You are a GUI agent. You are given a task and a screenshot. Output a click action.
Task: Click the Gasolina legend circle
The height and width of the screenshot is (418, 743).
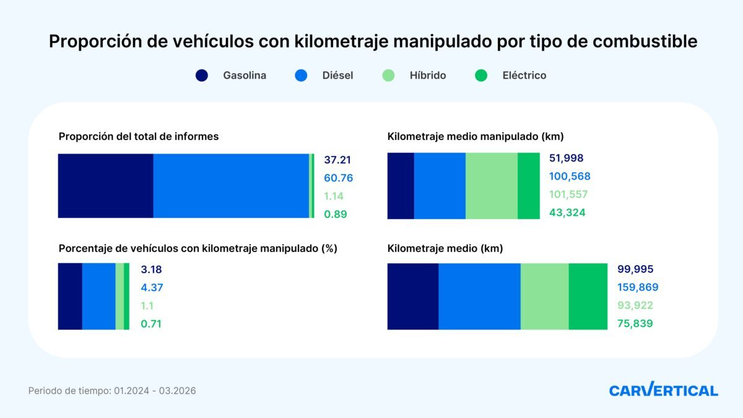tap(202, 76)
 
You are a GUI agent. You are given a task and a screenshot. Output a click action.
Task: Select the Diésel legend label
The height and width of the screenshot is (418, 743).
tap(337, 76)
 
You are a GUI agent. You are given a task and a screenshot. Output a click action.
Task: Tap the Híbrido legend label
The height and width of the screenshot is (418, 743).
tap(427, 76)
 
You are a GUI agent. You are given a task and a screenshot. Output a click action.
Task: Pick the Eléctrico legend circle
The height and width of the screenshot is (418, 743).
tap(481, 76)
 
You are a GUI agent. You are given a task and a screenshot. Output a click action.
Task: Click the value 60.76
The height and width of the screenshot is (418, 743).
tap(338, 178)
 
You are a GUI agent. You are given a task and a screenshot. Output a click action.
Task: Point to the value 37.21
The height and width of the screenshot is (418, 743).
tap(337, 160)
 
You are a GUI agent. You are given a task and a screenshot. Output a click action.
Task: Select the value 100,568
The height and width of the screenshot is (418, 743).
tap(570, 176)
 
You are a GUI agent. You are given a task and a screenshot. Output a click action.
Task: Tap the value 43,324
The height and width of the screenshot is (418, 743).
tap(567, 212)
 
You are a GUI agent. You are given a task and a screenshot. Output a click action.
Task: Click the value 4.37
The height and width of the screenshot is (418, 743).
tap(152, 287)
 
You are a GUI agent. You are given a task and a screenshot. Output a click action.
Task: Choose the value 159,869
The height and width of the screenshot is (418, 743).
tap(638, 287)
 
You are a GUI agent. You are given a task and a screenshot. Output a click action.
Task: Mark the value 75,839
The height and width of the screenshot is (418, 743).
tap(635, 323)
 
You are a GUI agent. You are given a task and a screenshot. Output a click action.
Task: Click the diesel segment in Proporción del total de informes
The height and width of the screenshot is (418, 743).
tap(231, 186)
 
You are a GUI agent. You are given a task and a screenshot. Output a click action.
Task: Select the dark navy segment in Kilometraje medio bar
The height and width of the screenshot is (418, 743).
tap(413, 296)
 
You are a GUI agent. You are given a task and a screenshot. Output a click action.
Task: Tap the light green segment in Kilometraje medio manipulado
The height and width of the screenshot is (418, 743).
tap(491, 186)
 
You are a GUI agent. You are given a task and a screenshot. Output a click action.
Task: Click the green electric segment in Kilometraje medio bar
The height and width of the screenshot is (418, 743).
tap(588, 296)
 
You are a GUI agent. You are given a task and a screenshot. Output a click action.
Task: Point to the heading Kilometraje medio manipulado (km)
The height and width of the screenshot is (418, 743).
tap(475, 136)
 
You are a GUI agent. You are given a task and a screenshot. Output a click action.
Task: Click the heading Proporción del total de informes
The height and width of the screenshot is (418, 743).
tap(139, 136)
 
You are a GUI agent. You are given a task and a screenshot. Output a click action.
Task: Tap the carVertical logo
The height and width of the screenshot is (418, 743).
tap(663, 390)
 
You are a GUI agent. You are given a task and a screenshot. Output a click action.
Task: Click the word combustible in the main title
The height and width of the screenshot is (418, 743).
tap(645, 41)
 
